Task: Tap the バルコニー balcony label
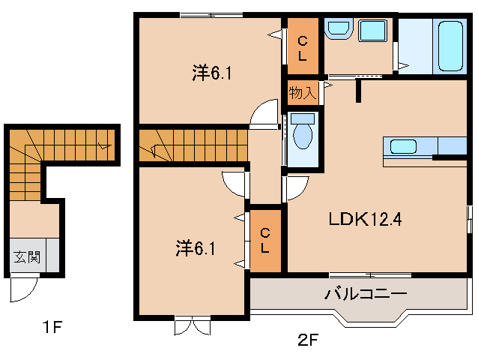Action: [365, 293]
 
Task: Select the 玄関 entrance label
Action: [26, 257]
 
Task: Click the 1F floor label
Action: [51, 327]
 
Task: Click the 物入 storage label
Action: [301, 93]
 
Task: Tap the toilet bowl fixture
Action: [303, 135]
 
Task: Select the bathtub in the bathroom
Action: [450, 46]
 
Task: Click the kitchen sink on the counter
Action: [403, 145]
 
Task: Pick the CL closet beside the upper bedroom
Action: [303, 46]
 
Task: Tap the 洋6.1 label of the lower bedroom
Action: [196, 246]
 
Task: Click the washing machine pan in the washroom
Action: [372, 32]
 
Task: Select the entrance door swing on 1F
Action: [25, 289]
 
